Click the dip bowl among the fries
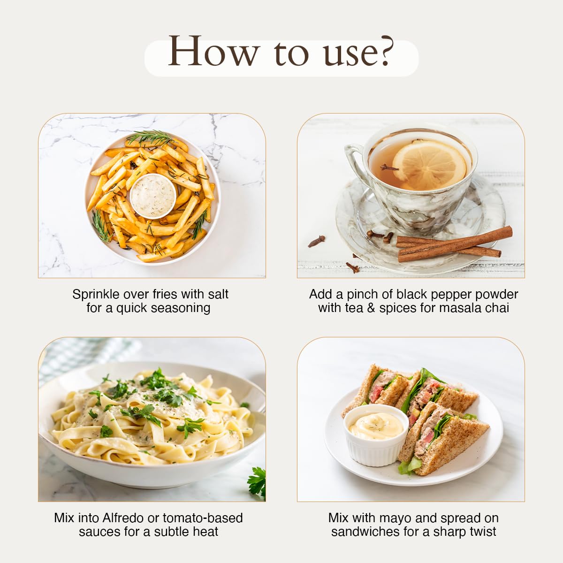click(153, 196)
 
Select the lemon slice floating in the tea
click(429, 165)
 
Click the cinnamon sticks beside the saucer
click(454, 244)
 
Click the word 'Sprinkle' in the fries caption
click(96, 295)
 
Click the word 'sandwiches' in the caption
click(365, 532)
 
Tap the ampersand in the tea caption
click(371, 308)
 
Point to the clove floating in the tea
click(388, 167)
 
